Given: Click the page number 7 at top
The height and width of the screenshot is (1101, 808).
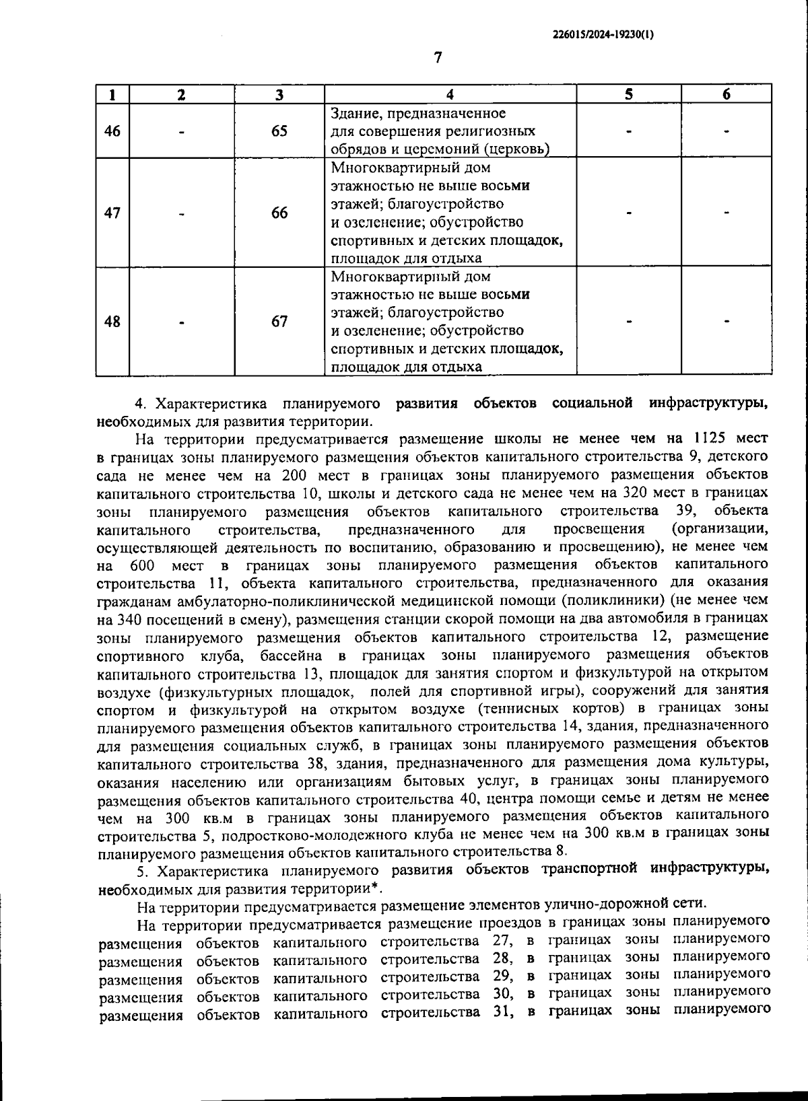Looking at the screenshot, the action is coord(438,58).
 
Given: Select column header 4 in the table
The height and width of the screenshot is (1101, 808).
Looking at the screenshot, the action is coord(450,94).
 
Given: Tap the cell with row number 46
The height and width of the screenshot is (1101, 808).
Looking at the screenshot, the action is coord(112,131).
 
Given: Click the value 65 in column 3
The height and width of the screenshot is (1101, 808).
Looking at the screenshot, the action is coord(279,131).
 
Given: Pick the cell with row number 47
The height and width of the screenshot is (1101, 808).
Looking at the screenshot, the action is coord(112,213).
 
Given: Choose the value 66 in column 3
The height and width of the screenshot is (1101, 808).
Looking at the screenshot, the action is coord(279,213).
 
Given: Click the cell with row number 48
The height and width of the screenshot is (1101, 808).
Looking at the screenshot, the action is coord(112,322).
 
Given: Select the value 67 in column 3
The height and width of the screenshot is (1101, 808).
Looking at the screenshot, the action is coord(279,322).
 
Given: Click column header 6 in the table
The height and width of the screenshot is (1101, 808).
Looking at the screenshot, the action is coord(727,94).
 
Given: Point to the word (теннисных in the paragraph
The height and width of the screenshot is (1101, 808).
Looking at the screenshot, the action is coord(514,709).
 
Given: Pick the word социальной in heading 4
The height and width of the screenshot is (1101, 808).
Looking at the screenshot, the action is coord(592,404).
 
